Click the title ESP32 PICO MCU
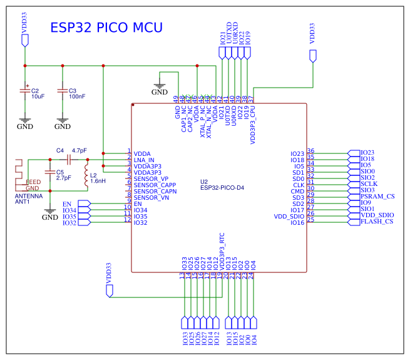click(x=106, y=28)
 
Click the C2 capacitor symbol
click(x=25, y=91)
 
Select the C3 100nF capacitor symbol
click(x=63, y=91)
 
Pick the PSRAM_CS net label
click(x=377, y=197)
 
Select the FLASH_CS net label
click(x=377, y=222)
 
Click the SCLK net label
click(x=369, y=184)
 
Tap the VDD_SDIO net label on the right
click(x=377, y=215)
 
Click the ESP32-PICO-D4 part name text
click(x=222, y=187)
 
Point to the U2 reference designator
click(x=204, y=181)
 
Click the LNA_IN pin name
click(x=144, y=160)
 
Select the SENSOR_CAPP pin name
click(x=155, y=185)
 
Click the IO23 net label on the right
click(x=367, y=153)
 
